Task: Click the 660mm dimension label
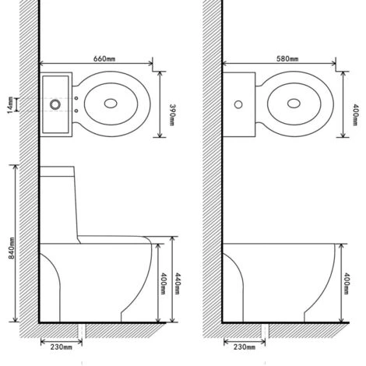(x=104, y=58)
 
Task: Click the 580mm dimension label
(x=287, y=58)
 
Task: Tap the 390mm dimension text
(x=172, y=114)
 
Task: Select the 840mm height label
(x=12, y=248)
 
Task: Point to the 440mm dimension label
(x=178, y=283)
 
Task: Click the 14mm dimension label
(x=10, y=105)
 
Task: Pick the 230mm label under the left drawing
(x=62, y=347)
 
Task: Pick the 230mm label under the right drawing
(x=245, y=347)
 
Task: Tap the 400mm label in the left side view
(x=163, y=283)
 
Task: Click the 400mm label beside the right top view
(x=355, y=114)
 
